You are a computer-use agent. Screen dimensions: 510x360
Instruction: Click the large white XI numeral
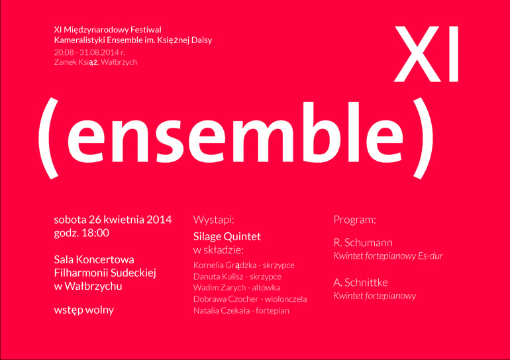pos(427,54)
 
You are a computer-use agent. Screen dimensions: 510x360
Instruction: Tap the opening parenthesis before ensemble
pos(49,138)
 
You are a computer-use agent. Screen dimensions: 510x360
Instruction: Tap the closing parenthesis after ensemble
pos(423,138)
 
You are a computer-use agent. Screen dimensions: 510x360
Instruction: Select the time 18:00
pos(95,233)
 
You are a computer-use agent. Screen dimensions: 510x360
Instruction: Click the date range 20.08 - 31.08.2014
pos(86,52)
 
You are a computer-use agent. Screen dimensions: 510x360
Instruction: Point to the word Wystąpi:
pos(213,220)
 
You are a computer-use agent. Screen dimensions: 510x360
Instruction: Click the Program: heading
pos(354,220)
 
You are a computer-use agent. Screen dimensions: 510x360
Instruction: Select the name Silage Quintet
pos(227,236)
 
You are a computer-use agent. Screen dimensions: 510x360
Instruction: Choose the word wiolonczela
pos(285,299)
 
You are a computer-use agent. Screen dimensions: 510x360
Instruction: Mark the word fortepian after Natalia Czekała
pos(273,311)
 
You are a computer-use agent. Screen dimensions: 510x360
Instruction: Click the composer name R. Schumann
pos(363,243)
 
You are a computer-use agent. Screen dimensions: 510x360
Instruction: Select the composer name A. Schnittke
pos(360,283)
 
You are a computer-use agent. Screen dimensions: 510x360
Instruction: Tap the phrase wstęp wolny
pos(84,310)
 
